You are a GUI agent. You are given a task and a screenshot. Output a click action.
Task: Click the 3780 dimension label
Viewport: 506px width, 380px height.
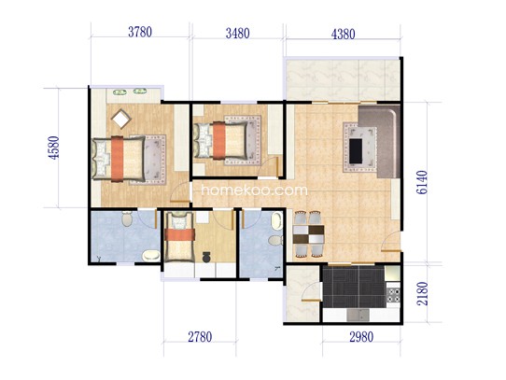140,32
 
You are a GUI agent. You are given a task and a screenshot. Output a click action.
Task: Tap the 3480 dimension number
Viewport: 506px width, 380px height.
237,34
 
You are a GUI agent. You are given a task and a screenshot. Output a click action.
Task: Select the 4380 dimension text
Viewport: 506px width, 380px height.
343,34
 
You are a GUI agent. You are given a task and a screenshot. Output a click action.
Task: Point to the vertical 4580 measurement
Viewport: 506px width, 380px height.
54,148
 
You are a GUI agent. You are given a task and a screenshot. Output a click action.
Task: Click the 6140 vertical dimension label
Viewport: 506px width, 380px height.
422,182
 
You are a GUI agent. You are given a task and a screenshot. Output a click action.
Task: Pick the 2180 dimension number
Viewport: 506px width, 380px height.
422,294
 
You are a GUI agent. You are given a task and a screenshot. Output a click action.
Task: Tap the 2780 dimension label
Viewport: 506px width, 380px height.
200,337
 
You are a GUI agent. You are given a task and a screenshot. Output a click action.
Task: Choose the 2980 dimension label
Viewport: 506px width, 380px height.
361,337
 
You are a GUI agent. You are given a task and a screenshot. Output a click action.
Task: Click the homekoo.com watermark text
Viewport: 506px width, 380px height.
254,190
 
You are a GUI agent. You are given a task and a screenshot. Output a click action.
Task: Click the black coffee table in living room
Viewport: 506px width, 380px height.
356,150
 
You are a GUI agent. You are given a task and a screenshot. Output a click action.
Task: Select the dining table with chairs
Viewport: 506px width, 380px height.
308,234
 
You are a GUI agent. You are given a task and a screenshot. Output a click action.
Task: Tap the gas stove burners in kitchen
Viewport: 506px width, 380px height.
393,295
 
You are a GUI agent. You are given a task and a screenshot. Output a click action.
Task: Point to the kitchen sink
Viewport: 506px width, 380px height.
358,315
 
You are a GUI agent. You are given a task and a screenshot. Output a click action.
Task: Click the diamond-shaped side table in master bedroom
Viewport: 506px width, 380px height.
121,119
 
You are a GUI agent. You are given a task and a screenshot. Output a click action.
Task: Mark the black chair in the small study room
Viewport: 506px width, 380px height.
206,257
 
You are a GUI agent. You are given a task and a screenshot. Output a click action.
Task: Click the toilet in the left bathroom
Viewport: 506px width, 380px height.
127,218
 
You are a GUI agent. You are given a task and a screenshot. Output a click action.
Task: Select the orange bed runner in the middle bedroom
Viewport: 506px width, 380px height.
219,140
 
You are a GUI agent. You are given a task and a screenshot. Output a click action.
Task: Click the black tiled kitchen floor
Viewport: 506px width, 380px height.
354,287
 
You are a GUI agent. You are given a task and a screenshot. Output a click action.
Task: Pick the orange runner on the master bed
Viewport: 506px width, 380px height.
117,159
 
